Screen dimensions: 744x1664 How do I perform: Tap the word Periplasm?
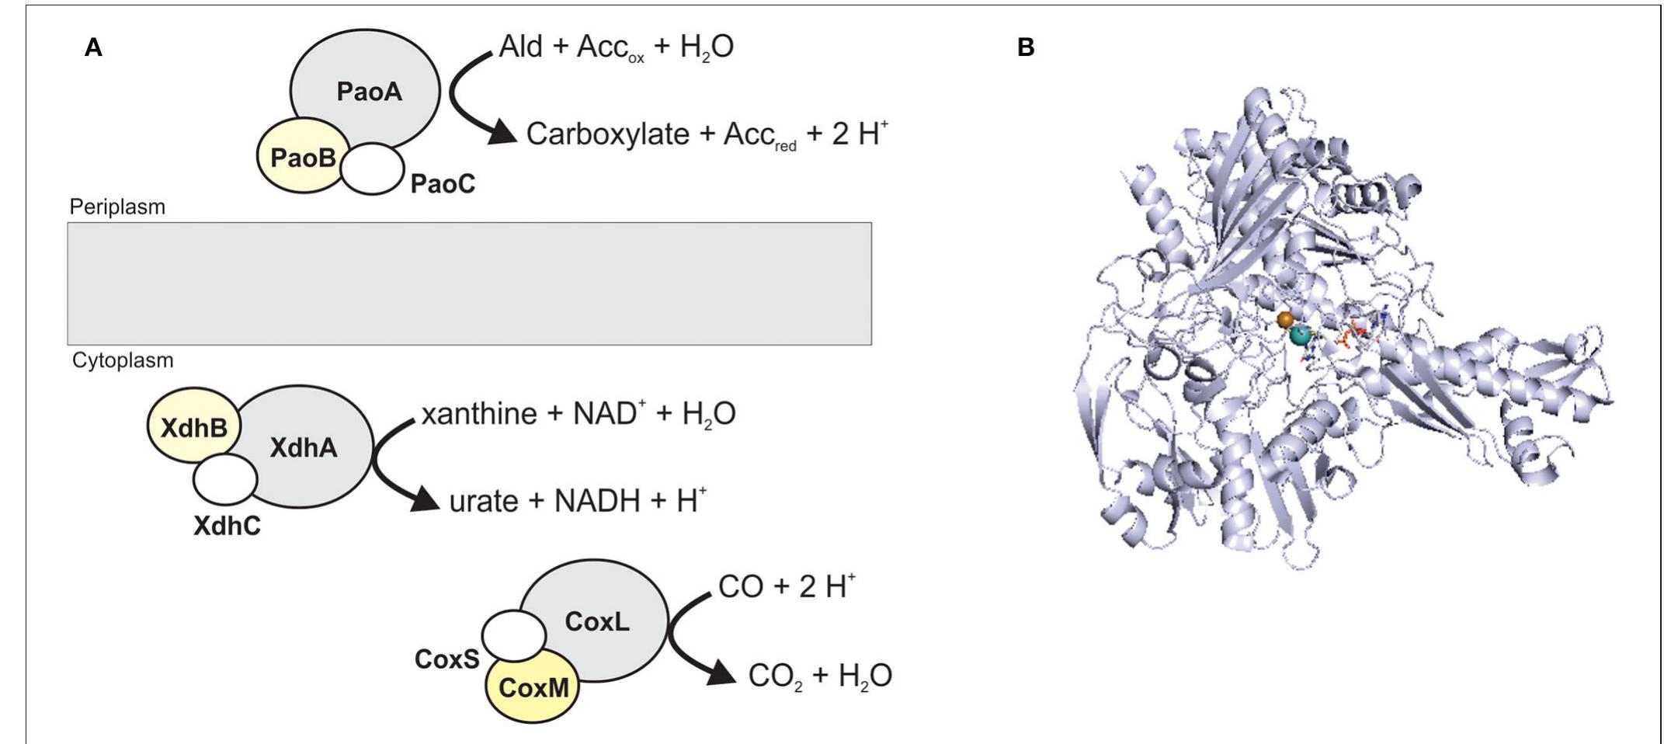point(117,207)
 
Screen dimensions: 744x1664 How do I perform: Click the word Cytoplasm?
point(123,360)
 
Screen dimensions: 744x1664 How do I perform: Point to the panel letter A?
point(93,48)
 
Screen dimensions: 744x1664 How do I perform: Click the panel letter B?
point(1025,48)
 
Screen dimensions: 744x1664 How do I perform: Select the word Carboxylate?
point(607,134)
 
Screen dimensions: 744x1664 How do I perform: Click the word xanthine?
point(478,414)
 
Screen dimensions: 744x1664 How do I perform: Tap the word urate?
point(483,502)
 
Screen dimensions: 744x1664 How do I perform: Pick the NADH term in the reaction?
point(598,502)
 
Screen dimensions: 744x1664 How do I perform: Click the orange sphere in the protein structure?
point(1286,319)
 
